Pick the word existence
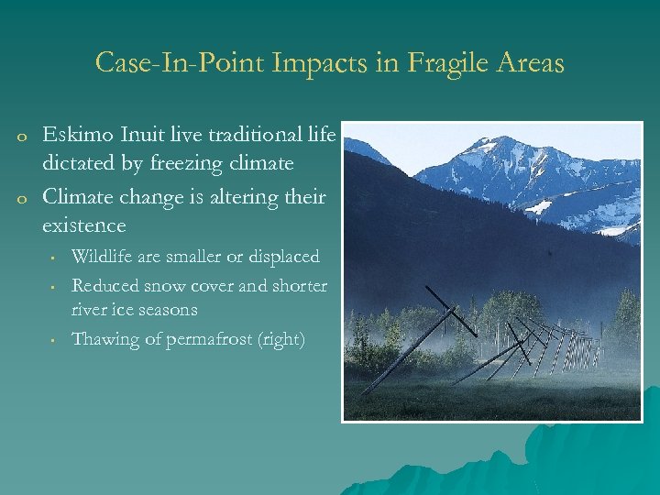pos(83,225)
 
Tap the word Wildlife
pos(104,257)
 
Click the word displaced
pos(281,257)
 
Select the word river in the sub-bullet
pos(90,310)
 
